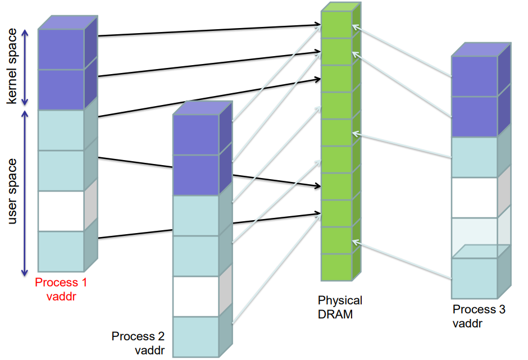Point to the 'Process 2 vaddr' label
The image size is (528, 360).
pos(138,343)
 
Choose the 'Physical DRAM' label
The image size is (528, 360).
pos(340,307)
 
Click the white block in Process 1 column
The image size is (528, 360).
pos(61,211)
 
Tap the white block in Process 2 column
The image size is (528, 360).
pos(195,297)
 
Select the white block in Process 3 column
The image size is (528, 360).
pos(475,197)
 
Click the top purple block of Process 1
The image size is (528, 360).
pos(61,49)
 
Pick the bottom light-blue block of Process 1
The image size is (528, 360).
pos(61,251)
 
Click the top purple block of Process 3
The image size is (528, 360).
pos(475,76)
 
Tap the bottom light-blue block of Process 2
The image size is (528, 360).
pos(195,336)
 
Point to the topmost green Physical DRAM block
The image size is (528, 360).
pos(336,24)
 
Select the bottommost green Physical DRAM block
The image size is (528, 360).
pos(336,267)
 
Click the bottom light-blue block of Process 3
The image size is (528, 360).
pos(475,278)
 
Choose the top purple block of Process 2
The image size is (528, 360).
pos(195,135)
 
